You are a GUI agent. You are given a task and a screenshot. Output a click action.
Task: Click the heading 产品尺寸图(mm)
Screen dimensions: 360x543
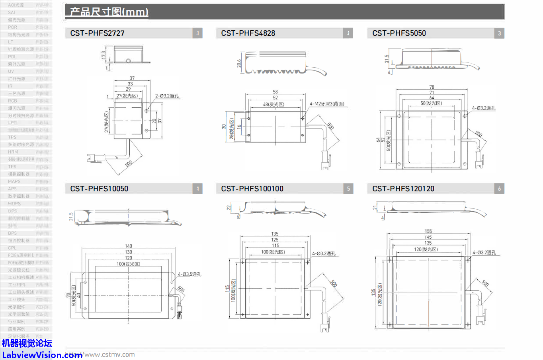109,12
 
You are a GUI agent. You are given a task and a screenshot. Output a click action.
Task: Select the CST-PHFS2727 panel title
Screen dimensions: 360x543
97,33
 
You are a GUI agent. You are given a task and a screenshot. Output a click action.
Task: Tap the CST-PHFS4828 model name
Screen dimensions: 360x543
248,33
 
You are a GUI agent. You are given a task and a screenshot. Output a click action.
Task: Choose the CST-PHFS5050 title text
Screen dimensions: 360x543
399,33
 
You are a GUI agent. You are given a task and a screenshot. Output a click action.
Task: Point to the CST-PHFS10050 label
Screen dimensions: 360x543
99,189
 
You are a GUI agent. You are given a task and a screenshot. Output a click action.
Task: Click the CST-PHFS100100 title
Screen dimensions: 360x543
252,189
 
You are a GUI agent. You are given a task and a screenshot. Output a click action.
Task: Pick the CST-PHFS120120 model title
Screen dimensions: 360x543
403,189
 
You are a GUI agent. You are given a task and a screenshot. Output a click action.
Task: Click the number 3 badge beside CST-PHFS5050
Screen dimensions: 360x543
499,33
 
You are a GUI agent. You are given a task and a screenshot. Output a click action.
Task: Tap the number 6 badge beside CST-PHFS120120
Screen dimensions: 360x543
499,189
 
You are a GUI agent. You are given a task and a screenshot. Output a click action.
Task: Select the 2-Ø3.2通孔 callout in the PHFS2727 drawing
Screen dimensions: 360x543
167,96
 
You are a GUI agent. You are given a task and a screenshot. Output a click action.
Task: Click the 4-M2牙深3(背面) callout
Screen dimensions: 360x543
327,104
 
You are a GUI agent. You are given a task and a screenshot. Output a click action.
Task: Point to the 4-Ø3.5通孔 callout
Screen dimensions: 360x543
189,274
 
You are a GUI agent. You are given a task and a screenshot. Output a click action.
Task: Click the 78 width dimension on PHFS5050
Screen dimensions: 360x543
432,87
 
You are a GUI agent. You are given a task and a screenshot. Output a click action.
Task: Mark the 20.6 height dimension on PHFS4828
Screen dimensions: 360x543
239,64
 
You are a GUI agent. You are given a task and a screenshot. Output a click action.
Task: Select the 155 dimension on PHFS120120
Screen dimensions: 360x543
428,231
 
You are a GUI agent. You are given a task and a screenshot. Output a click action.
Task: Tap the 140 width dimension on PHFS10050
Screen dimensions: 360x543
128,246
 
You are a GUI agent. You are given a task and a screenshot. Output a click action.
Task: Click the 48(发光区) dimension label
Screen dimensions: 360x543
273,105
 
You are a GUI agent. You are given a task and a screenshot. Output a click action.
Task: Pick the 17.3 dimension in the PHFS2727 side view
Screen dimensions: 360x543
104,55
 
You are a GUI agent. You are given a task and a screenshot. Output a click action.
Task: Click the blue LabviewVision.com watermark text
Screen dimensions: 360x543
42,355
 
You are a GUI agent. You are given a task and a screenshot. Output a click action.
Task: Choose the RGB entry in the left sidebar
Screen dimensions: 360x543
12,101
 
